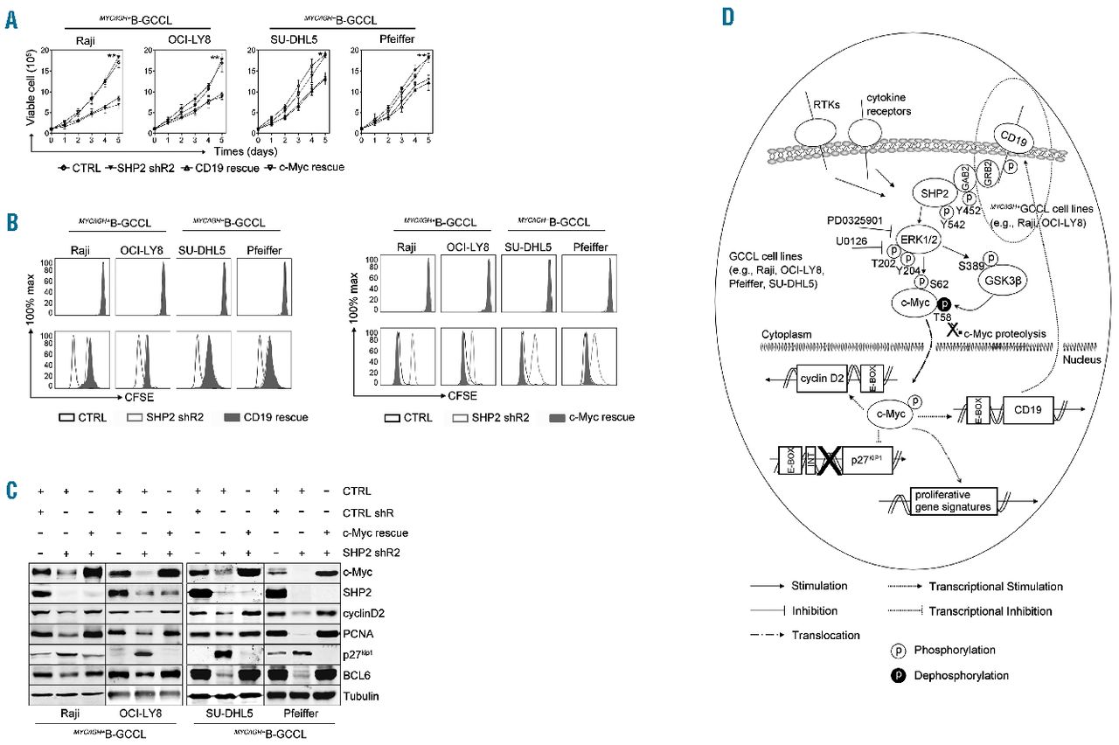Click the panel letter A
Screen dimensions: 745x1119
(x=11, y=18)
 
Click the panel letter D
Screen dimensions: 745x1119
(x=727, y=18)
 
